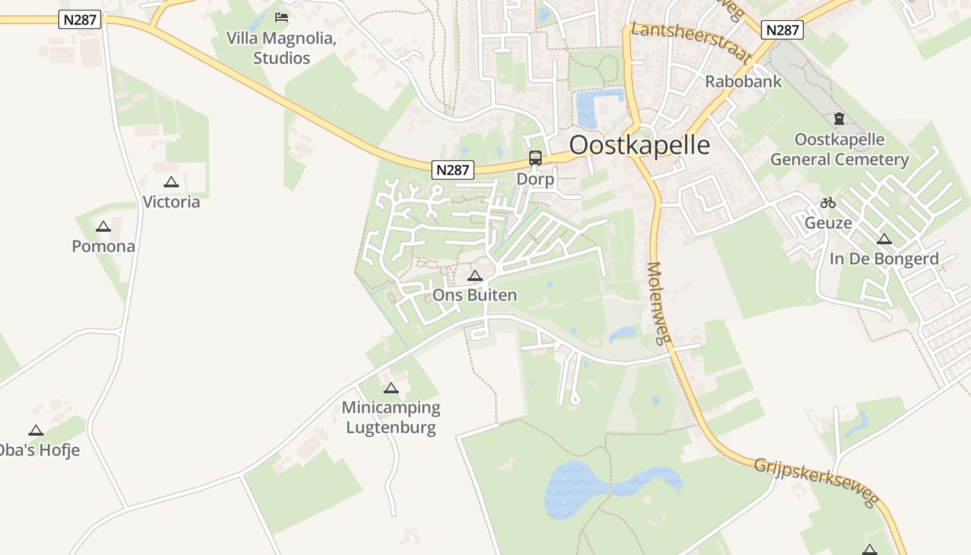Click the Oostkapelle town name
click(x=639, y=146)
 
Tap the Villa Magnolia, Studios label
click(x=282, y=48)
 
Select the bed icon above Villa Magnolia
click(x=281, y=17)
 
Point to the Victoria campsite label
click(x=171, y=202)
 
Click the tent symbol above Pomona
click(x=103, y=226)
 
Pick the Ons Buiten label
click(x=474, y=296)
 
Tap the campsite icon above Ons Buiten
click(x=474, y=276)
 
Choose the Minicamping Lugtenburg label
click(x=391, y=417)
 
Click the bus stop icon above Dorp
click(x=535, y=158)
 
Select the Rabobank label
click(x=743, y=82)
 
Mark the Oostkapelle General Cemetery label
click(x=839, y=150)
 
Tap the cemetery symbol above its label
click(x=839, y=119)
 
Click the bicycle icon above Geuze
click(x=828, y=203)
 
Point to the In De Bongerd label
click(x=884, y=259)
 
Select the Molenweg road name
click(x=660, y=302)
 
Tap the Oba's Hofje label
click(x=38, y=450)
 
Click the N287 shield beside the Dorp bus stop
click(x=453, y=170)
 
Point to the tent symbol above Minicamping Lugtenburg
click(x=391, y=388)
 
